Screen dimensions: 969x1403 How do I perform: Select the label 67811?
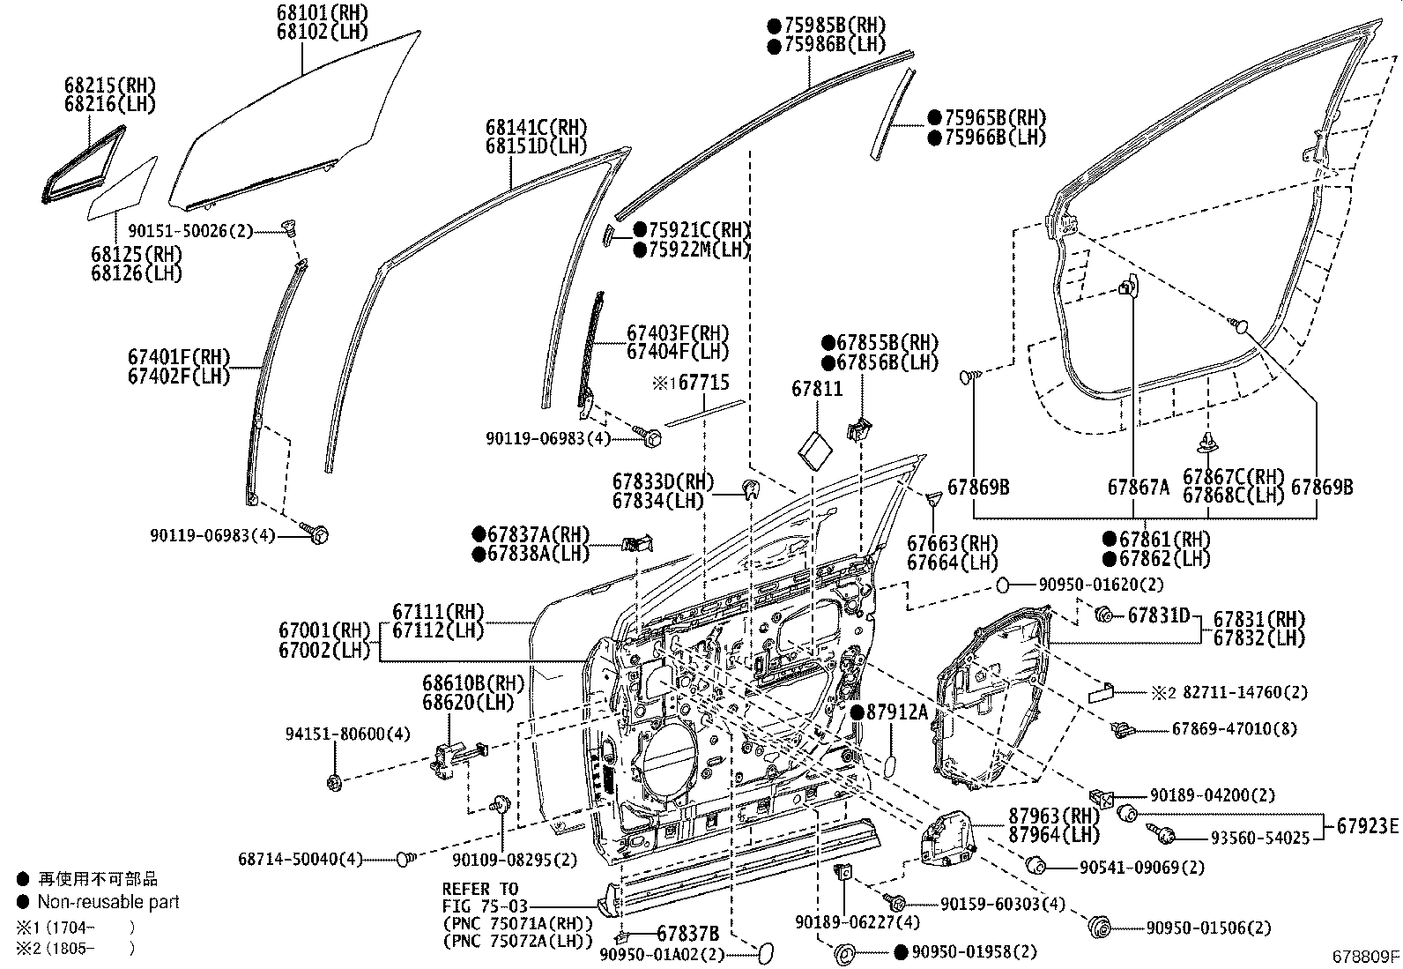pos(817,389)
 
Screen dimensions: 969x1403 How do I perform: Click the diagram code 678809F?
pos(1364,956)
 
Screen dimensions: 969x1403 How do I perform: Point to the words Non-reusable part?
pos(108,902)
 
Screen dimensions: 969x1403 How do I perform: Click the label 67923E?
pos(1367,826)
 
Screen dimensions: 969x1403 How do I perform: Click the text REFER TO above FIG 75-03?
pos(480,889)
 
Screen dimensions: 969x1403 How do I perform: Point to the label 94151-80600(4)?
pos(347,734)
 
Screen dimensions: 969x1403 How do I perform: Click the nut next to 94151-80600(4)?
pos(335,781)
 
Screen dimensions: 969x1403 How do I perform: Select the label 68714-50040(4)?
pos(301,858)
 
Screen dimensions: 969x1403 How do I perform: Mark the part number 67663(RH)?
pos(953,543)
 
